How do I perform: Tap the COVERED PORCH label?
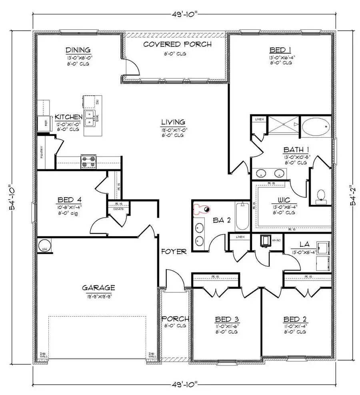pos(177,44)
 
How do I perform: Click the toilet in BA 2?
pos(202,209)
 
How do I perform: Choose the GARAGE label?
pos(98,287)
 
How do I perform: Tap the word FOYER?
pos(174,252)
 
